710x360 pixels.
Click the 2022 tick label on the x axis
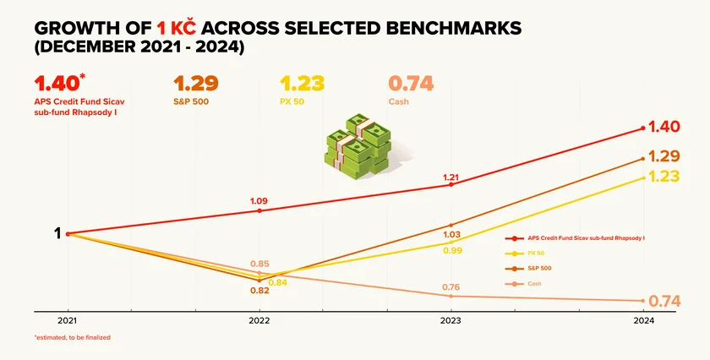click(259, 321)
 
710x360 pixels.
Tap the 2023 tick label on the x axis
click(451, 321)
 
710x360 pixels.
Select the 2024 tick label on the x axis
click(643, 321)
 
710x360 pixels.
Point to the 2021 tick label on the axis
click(68, 321)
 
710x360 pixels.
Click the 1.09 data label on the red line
click(259, 201)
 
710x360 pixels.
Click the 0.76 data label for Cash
click(451, 286)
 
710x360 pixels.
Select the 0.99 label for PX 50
click(451, 250)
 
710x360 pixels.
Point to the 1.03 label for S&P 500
click(451, 234)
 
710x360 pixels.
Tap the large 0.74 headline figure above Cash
click(411, 84)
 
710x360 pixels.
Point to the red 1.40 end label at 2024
click(664, 127)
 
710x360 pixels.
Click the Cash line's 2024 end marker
click(643, 301)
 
